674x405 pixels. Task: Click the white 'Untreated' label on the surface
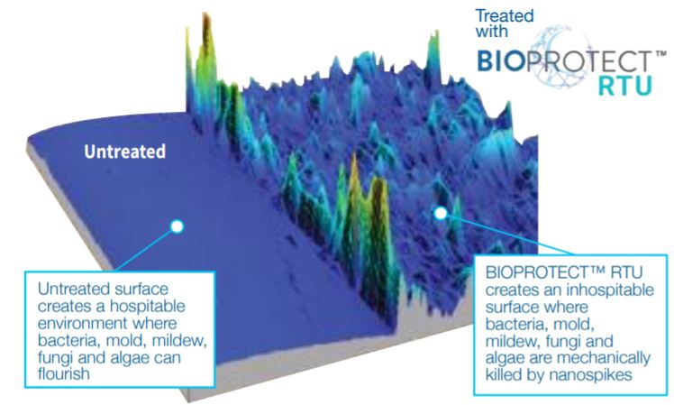(x=124, y=152)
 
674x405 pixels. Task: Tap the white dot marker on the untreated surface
(x=178, y=226)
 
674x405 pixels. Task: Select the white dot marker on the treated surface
(x=441, y=213)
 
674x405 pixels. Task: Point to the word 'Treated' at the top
(x=505, y=16)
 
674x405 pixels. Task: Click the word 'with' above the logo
(x=492, y=31)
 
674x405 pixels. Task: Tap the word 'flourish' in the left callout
(x=64, y=373)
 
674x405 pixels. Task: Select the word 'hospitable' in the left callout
(x=148, y=306)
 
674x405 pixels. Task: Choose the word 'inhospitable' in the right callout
(x=610, y=290)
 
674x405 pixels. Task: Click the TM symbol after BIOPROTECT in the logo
(x=660, y=54)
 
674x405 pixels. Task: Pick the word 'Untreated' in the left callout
(x=70, y=289)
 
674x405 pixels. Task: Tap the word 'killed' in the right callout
(x=505, y=375)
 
